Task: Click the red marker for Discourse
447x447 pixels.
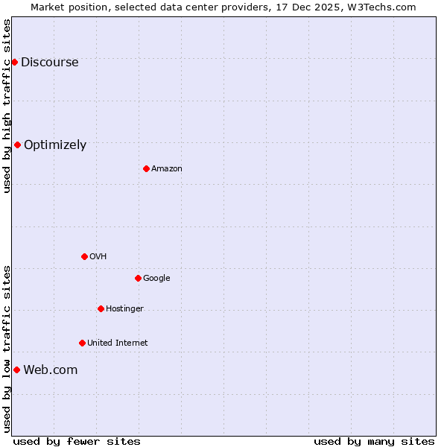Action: pos(14,62)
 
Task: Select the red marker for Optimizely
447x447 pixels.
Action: pos(17,145)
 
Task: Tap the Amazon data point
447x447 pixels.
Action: pos(146,168)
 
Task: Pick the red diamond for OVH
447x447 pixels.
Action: pos(84,256)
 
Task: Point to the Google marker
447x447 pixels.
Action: pos(138,278)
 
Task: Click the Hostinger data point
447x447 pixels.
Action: pos(101,308)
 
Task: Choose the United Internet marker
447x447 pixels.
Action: pos(82,343)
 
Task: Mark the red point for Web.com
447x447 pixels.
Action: pos(16,370)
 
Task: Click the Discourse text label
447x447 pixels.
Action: pos(50,62)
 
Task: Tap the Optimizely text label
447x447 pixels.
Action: pos(55,145)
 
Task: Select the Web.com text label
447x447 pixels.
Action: pos(51,370)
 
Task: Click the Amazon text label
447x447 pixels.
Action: pos(167,168)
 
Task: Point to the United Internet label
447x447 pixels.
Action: pos(118,343)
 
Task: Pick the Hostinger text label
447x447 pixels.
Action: pos(124,308)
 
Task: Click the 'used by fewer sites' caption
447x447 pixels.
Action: pos(77,441)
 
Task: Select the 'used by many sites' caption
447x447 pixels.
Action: pos(374,441)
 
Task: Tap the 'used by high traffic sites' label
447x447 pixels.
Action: pos(7,106)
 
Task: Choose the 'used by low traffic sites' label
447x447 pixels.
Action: pos(7,349)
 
